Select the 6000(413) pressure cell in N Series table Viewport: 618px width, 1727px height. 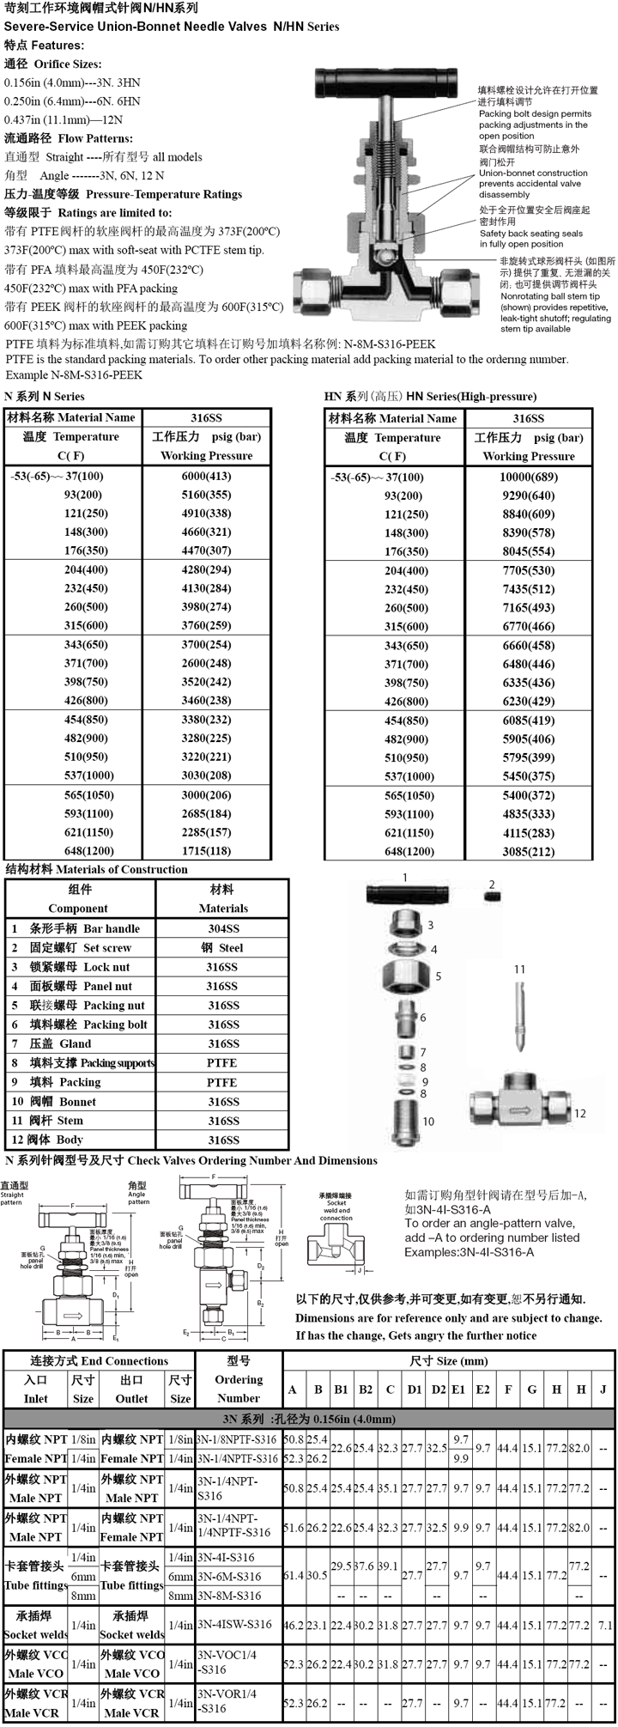(x=206, y=477)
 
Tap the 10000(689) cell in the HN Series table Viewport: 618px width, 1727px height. (x=528, y=477)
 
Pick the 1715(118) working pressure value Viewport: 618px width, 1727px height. (x=206, y=851)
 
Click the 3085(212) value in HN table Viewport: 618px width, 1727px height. (x=528, y=852)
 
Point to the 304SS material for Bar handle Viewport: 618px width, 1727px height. (x=223, y=928)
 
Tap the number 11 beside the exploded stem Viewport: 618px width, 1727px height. (x=519, y=970)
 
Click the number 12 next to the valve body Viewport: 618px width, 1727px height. (x=580, y=1113)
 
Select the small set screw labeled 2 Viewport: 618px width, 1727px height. (x=493, y=897)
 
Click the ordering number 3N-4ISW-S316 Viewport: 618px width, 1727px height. (x=233, y=1624)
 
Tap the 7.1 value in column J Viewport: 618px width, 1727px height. (x=604, y=1625)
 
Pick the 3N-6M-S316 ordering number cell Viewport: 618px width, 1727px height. (x=228, y=1577)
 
